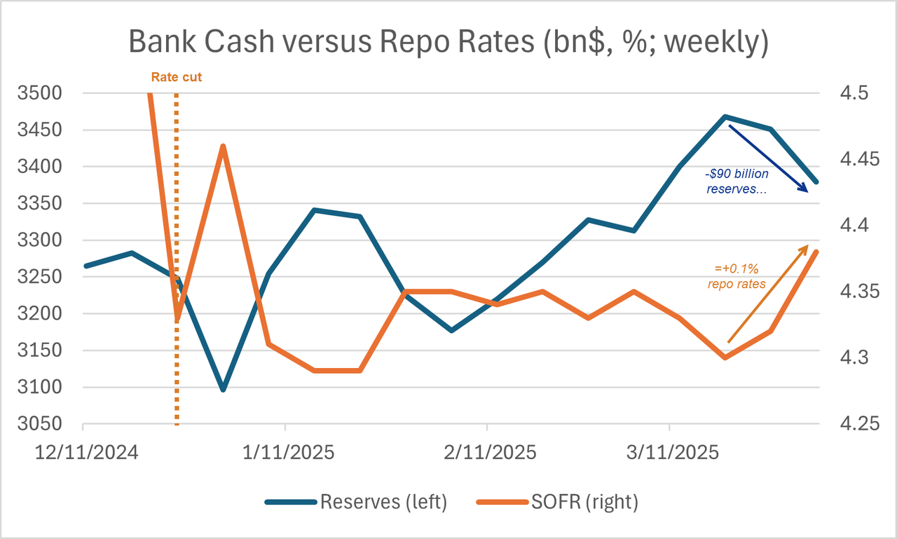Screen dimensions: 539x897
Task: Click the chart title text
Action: point(448,42)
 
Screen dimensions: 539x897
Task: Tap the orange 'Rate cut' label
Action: point(177,77)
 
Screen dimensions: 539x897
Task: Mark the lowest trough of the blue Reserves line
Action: point(223,389)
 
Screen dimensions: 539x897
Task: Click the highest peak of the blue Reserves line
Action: point(725,116)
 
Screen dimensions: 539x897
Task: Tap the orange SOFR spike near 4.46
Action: point(223,146)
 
